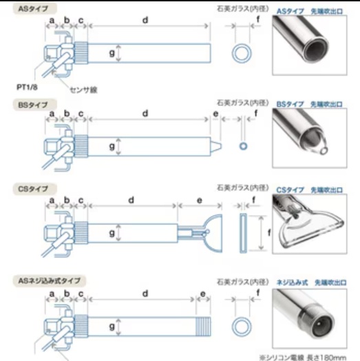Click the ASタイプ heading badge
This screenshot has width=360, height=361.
pyautogui.click(x=34, y=9)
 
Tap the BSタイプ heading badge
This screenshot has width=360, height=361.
pyautogui.click(x=34, y=105)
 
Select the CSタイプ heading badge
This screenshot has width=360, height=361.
pyautogui.click(x=34, y=189)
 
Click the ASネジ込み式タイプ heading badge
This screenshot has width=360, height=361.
pyautogui.click(x=50, y=280)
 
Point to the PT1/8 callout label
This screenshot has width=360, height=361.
pyautogui.click(x=27, y=87)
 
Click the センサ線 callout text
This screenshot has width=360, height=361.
pyautogui.click(x=83, y=90)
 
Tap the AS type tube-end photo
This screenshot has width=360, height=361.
pyautogui.click(x=310, y=45)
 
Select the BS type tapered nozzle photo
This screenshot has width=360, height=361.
pyautogui.click(x=310, y=138)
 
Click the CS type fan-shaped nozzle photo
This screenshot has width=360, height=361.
pyautogui.click(x=310, y=224)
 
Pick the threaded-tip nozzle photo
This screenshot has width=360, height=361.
pyautogui.click(x=310, y=319)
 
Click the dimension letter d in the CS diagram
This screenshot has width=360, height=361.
pyautogui.click(x=131, y=200)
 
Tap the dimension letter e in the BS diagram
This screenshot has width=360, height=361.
pyautogui.click(x=215, y=114)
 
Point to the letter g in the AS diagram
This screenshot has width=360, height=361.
pyautogui.click(x=112, y=53)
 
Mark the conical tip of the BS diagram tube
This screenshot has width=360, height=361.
pyautogui.click(x=216, y=147)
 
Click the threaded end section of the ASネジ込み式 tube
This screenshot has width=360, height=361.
pyautogui.click(x=203, y=327)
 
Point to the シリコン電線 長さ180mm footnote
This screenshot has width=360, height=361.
pyautogui.click(x=303, y=358)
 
